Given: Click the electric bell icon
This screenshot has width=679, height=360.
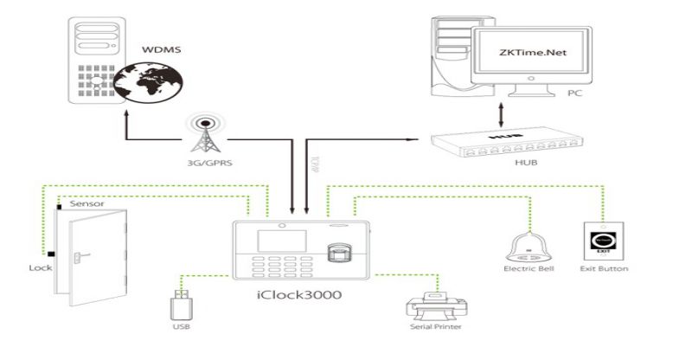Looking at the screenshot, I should point(528,245).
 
